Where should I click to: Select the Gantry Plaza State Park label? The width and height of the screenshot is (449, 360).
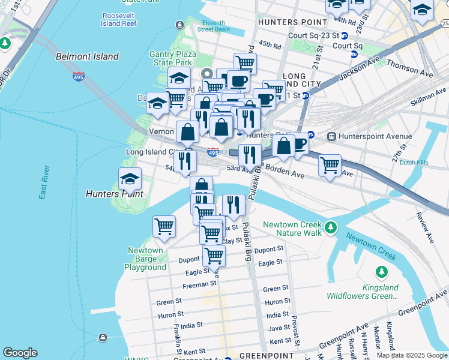click(x=170, y=58)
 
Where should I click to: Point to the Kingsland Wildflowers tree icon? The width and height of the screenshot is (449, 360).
click(x=381, y=272)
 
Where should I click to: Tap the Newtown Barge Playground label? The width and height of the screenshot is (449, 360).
click(x=145, y=259)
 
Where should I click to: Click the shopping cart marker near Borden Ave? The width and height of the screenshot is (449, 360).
click(x=330, y=166)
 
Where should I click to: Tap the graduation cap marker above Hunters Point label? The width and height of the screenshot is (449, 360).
click(x=130, y=179)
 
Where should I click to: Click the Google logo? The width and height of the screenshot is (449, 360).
click(x=20, y=353)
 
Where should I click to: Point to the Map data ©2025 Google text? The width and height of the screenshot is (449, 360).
click(x=412, y=355)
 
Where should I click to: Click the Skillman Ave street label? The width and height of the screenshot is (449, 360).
click(x=428, y=94)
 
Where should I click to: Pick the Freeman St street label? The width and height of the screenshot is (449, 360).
click(x=199, y=283)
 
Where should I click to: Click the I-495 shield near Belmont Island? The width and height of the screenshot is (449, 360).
click(x=79, y=76)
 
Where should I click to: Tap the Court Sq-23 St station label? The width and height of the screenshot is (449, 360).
click(x=314, y=35)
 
